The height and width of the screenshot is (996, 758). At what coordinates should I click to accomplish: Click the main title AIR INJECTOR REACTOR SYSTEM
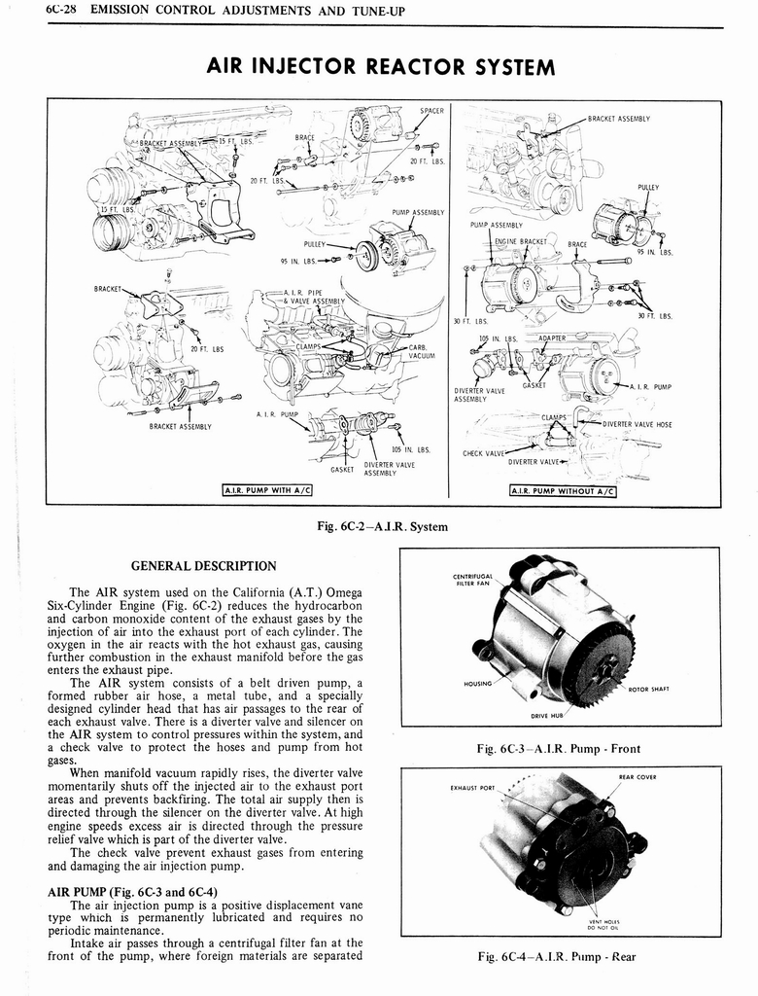380,66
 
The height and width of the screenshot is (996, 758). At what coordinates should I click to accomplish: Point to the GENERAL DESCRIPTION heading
203,565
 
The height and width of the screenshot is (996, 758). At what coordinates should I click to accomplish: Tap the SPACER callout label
431,111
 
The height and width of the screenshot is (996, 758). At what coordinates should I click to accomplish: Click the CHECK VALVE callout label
483,452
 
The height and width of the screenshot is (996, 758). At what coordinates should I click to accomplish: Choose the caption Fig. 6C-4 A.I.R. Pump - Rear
558,957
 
